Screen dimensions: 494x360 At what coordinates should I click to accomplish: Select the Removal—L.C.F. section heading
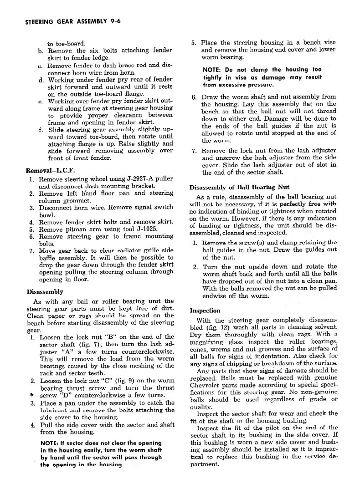tap(49, 171)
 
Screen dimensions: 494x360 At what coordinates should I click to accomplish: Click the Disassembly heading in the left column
tap(45, 291)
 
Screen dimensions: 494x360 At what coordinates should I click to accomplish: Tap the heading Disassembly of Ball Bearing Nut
tap(239, 187)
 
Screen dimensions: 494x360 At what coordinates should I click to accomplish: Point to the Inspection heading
tap(205, 311)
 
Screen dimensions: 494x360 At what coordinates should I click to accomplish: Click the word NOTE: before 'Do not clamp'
tap(213, 70)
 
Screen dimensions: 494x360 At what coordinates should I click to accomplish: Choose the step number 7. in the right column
tap(194, 151)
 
